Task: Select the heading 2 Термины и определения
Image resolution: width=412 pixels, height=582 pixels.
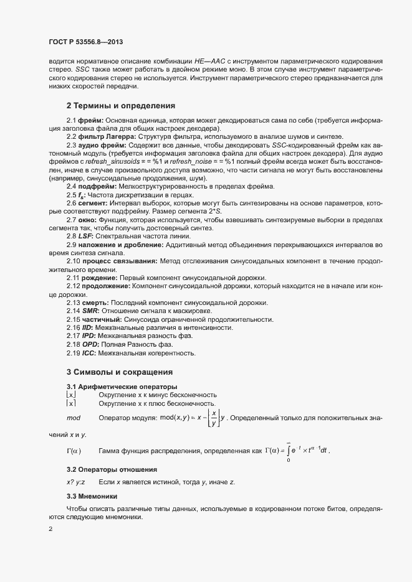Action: pyautogui.click(x=121, y=106)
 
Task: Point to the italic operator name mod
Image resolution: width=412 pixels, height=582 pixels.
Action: pyautogui.click(x=74, y=418)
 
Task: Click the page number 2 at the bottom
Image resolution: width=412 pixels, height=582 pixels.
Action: pyautogui.click(x=50, y=529)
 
